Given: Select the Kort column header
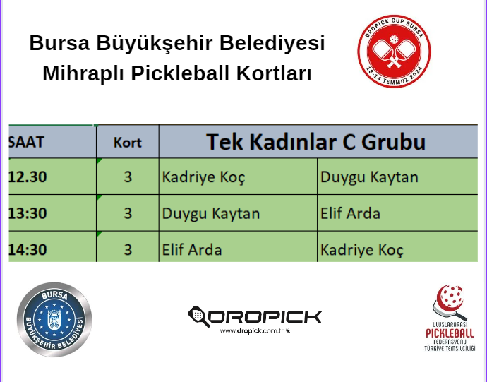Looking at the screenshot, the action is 127,143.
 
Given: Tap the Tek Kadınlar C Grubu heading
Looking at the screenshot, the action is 315,142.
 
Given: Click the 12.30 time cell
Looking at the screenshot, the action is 28,177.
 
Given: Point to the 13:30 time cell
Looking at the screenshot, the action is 28,213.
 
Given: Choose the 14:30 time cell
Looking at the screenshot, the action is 28,249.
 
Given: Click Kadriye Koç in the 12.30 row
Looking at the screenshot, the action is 203,177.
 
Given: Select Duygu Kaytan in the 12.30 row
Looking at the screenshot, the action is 369,177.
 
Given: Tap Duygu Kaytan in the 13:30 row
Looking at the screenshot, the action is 211,213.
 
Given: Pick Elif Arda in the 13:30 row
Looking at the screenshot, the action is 350,213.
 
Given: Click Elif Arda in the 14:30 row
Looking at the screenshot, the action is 192,249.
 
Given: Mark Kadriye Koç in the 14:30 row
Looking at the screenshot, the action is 362,250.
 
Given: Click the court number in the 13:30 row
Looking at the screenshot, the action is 128,213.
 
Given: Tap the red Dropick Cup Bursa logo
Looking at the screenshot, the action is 394,52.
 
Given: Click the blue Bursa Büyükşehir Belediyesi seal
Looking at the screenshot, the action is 54,320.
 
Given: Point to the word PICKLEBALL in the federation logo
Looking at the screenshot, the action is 450,333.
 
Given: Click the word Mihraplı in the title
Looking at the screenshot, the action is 84,73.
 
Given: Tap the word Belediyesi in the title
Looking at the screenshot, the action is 272,43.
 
